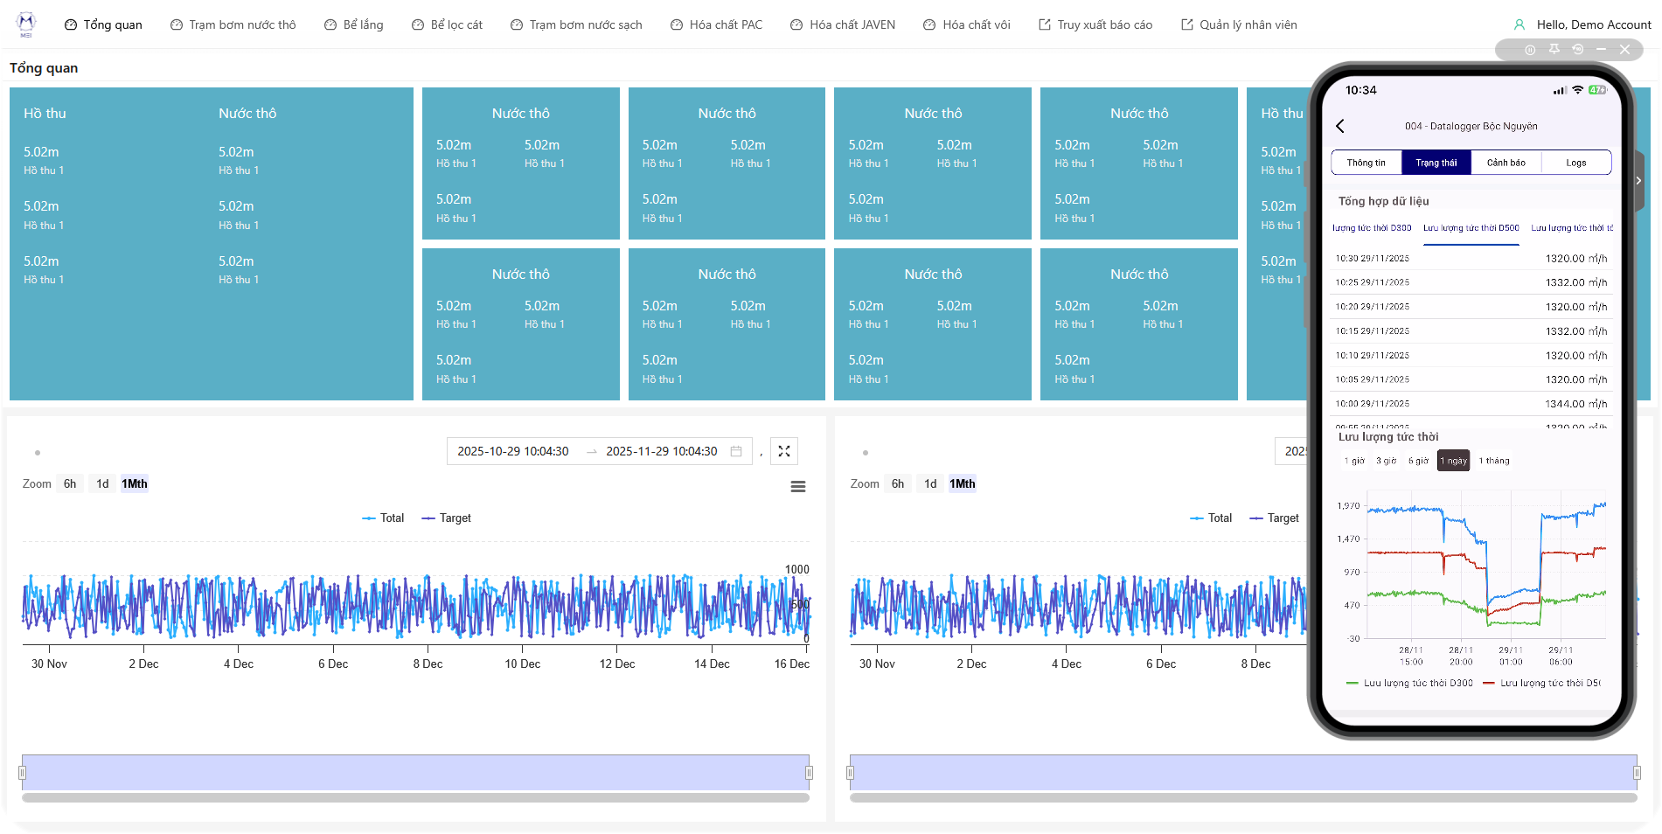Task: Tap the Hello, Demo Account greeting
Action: pos(1593,24)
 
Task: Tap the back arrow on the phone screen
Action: pos(1340,126)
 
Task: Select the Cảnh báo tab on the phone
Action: pos(1506,163)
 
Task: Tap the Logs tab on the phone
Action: pos(1575,163)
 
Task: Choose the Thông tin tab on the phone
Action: pos(1366,163)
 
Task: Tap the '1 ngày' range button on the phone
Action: pos(1453,461)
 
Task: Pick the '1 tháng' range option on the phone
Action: pos(1494,461)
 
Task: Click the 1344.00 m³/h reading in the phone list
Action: pos(1575,404)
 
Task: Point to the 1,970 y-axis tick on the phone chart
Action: pos(1348,506)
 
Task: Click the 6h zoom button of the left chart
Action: pos(70,483)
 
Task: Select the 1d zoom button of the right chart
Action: pos(930,483)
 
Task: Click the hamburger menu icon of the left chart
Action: pos(798,487)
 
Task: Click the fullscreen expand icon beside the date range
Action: pos(784,451)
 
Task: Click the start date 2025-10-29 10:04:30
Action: pos(513,451)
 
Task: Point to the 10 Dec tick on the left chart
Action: pos(522,664)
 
